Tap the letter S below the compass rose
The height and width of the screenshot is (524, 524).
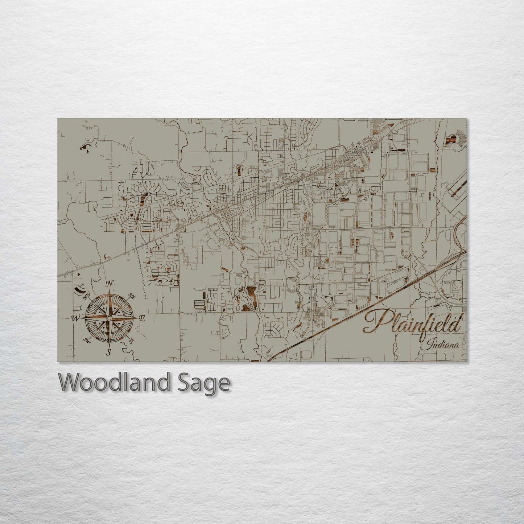(x=108, y=351)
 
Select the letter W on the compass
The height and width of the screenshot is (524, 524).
(x=75, y=319)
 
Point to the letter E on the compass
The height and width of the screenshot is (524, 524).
(x=142, y=319)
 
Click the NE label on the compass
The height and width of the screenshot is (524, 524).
(x=133, y=297)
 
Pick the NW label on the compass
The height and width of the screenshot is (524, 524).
(x=87, y=297)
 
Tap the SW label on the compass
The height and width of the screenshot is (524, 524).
(x=87, y=340)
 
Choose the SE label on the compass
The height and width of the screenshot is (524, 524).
(x=132, y=340)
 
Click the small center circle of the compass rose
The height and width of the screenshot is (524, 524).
(x=108, y=318)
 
